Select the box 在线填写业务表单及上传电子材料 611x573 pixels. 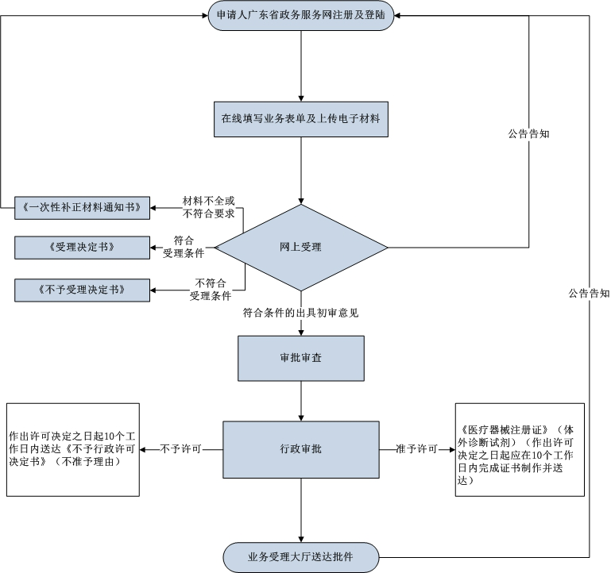tap(301, 120)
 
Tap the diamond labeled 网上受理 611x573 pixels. tap(301, 248)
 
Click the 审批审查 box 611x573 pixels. tap(301, 358)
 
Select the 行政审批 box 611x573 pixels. tap(301, 449)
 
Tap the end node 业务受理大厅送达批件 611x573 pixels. tap(302, 556)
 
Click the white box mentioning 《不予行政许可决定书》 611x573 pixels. tap(72, 450)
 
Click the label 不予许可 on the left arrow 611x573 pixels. tap(181, 449)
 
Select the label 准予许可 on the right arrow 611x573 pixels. tap(417, 449)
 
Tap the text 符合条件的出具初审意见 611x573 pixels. tap(301, 313)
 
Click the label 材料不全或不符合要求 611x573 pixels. tap(208, 206)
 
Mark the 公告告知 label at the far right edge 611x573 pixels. tap(589, 293)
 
